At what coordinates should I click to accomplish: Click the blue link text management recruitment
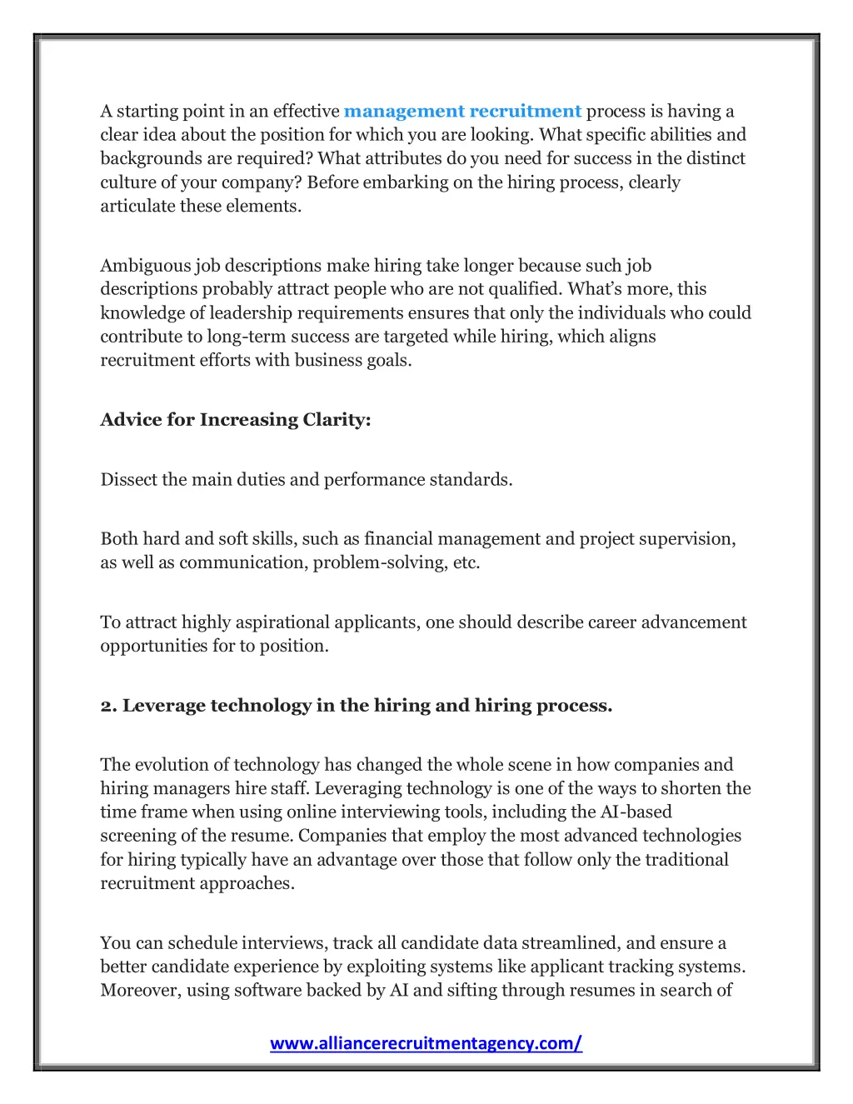(462, 112)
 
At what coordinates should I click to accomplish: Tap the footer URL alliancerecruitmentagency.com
(426, 1043)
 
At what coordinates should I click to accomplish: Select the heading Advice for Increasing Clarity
(236, 420)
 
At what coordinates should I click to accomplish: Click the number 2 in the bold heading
(107, 706)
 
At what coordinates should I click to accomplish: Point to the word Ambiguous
(146, 266)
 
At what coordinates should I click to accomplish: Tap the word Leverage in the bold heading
(163, 706)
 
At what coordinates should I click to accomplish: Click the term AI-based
(636, 812)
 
